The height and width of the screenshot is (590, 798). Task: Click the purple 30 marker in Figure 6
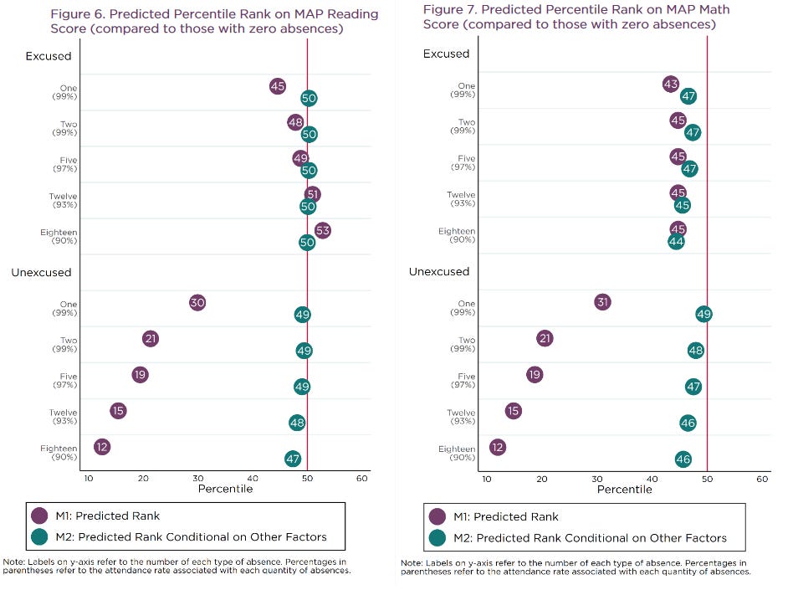point(197,303)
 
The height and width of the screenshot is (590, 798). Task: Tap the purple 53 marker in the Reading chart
point(322,230)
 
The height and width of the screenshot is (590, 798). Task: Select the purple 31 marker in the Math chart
point(602,302)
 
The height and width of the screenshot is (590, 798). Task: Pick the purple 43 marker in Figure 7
point(670,84)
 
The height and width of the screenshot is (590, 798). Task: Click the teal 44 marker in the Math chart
point(676,241)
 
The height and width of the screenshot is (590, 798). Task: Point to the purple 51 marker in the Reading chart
point(313,194)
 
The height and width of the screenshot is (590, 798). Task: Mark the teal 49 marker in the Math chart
point(703,314)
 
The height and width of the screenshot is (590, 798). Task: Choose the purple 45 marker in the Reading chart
point(278,86)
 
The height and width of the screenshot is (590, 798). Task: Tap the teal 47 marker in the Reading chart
point(293,459)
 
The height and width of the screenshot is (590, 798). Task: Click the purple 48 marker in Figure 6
point(295,122)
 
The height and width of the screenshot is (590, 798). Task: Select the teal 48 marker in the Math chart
point(696,350)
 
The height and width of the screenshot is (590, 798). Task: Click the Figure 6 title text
point(214,22)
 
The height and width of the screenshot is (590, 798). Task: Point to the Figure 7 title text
point(575,17)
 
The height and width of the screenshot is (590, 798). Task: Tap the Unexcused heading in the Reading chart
point(41,272)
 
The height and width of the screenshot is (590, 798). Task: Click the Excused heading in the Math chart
point(446,54)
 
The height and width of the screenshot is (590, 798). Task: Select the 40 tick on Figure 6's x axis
point(253,479)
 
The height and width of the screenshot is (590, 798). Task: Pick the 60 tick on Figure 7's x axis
point(762,479)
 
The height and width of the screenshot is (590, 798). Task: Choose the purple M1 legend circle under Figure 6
point(38,515)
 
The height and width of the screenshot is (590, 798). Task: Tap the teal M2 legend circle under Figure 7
point(437,537)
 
